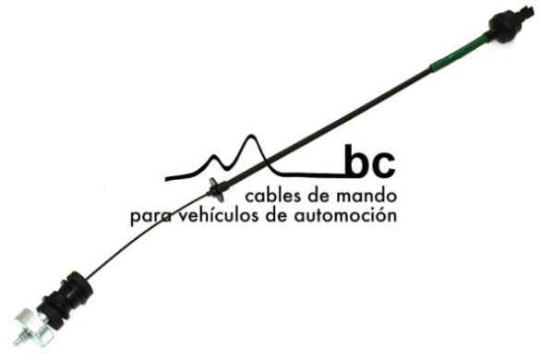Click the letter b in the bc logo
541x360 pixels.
tap(355, 162)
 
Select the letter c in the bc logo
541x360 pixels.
tap(382, 167)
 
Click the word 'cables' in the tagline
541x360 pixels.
tap(272, 197)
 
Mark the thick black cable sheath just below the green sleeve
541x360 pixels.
tap(388, 92)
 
